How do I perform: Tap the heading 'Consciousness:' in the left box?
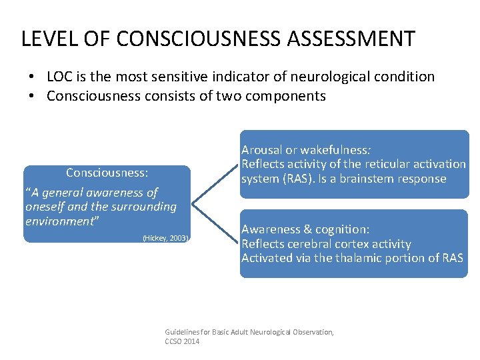pos(107,173)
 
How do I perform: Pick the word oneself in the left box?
pos(46,207)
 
